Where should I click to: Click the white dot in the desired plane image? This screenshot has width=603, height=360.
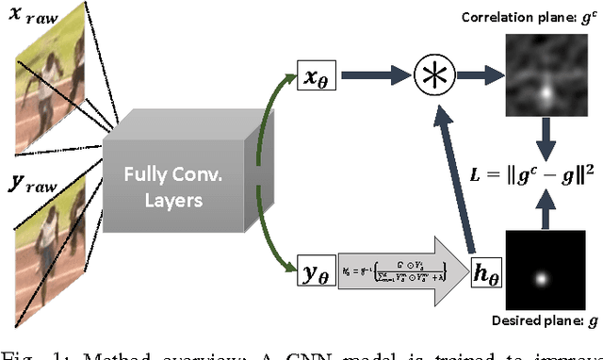pos(544,279)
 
